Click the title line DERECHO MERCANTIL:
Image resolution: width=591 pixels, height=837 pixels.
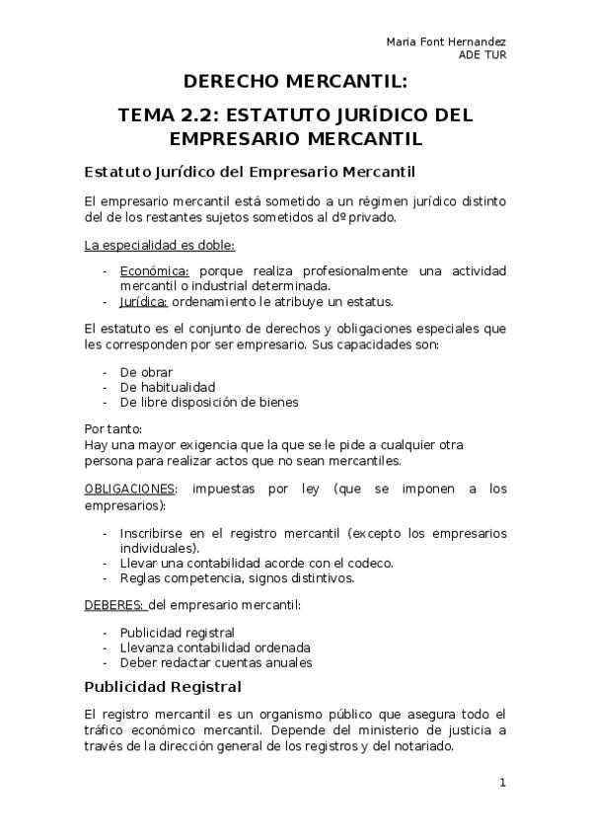click(x=296, y=82)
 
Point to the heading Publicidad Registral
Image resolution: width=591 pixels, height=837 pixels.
click(x=163, y=686)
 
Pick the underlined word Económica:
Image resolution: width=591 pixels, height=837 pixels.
click(x=154, y=269)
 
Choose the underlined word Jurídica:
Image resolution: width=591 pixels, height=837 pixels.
click(x=144, y=301)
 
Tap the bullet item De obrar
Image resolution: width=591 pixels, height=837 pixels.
click(x=146, y=372)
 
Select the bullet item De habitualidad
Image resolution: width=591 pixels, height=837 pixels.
click(x=167, y=387)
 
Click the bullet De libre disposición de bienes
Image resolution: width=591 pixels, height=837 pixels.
click(x=208, y=402)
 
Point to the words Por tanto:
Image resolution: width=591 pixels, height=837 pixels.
click(x=113, y=429)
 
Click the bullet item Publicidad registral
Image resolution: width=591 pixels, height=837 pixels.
click(x=177, y=632)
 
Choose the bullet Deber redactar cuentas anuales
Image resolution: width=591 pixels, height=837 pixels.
click(x=215, y=662)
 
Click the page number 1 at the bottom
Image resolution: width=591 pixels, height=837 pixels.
click(x=502, y=784)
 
